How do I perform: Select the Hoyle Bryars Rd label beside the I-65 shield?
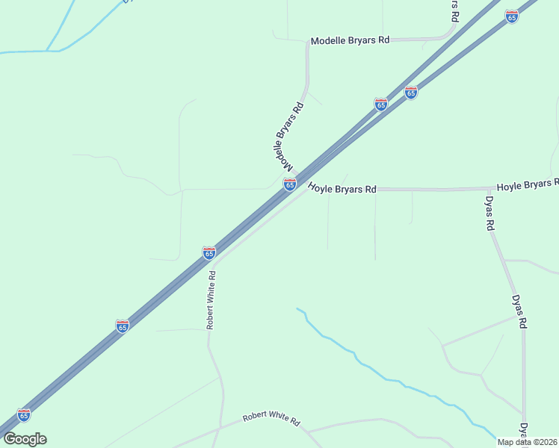click(x=342, y=190)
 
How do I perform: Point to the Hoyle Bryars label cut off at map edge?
click(x=528, y=184)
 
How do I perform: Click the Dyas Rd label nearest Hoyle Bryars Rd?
click(x=489, y=214)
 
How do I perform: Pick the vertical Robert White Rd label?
click(x=211, y=299)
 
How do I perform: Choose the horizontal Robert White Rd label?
click(x=271, y=420)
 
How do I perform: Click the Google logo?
click(x=25, y=439)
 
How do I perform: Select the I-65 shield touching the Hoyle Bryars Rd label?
click(x=290, y=184)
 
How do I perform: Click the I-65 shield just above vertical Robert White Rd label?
click(x=209, y=253)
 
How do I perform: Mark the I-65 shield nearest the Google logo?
click(x=24, y=414)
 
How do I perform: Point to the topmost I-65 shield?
click(x=511, y=16)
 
